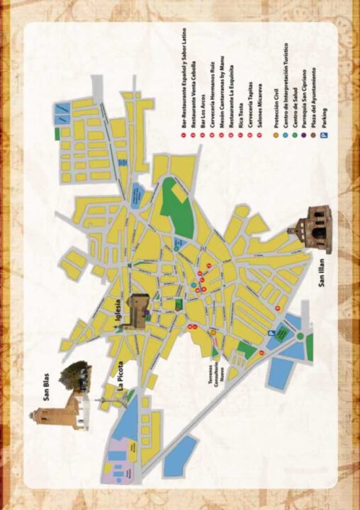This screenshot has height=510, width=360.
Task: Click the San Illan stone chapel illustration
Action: coord(313,227)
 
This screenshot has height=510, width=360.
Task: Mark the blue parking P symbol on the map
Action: coord(269,334)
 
